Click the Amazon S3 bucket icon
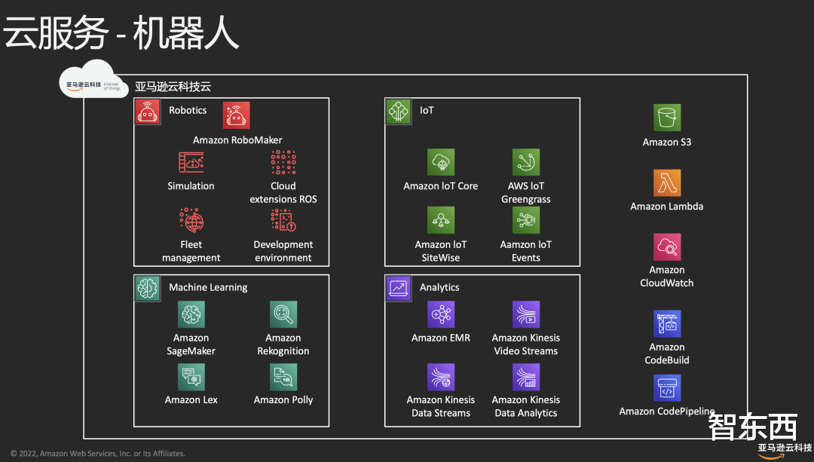(x=667, y=118)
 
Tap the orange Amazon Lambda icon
(x=667, y=182)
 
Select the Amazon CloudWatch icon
(x=667, y=246)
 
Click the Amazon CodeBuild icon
(x=667, y=324)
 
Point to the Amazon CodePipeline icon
(x=667, y=389)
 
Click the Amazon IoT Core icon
(x=441, y=162)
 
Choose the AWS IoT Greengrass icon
(x=526, y=162)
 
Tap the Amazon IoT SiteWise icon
(x=441, y=220)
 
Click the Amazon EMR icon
(x=441, y=314)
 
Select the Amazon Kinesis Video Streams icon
(x=526, y=314)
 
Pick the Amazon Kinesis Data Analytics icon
(x=526, y=377)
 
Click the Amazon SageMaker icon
(x=191, y=314)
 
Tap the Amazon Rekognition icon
(x=283, y=314)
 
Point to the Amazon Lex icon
(x=191, y=377)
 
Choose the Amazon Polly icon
(x=283, y=377)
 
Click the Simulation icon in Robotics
(x=191, y=162)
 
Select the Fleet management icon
(x=191, y=220)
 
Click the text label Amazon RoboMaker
(x=237, y=140)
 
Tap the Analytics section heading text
(x=439, y=287)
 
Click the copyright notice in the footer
(x=97, y=454)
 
